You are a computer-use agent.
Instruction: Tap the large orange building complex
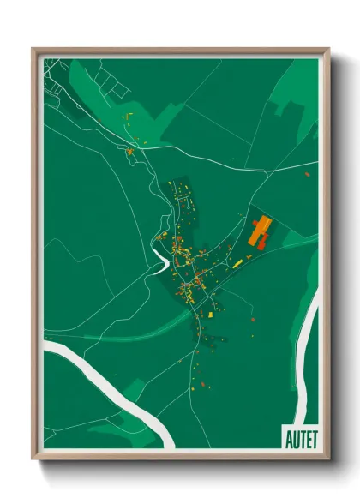(x=260, y=231)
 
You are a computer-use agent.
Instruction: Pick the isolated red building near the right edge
(x=307, y=174)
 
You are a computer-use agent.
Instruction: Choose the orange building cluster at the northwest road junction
(x=129, y=153)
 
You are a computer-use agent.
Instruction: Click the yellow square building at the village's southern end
(x=208, y=314)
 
